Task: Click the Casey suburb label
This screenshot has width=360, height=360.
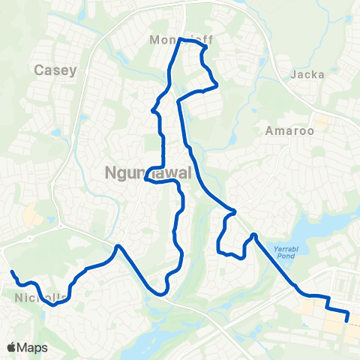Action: click(x=55, y=70)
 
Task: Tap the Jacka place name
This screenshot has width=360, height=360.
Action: click(x=306, y=74)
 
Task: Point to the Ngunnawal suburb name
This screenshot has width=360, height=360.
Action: click(x=146, y=173)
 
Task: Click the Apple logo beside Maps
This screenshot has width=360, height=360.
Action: click(x=10, y=347)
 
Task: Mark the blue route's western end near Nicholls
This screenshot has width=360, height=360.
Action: click(x=11, y=271)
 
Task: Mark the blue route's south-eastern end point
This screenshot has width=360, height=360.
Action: click(x=347, y=320)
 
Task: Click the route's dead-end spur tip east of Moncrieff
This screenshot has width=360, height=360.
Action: click(x=217, y=86)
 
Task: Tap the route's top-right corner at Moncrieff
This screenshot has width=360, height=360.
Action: click(x=204, y=46)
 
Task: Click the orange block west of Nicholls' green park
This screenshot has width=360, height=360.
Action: click(x=32, y=216)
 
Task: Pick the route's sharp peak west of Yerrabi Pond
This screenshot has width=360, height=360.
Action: click(x=254, y=235)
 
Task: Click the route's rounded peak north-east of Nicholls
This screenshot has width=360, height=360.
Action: click(x=118, y=246)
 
